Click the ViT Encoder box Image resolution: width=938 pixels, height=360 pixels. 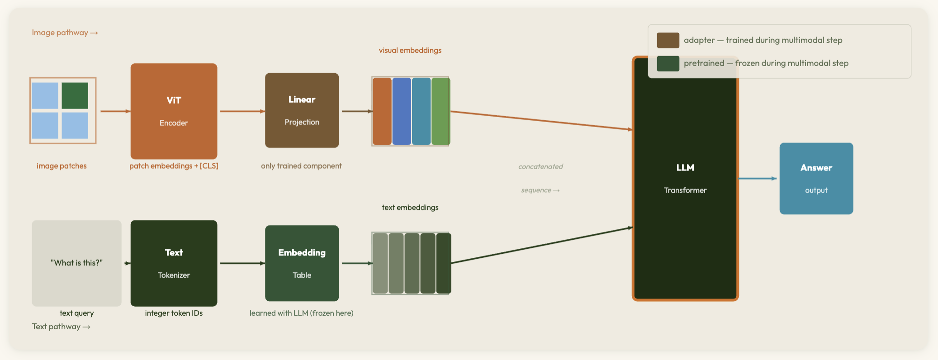tap(174, 111)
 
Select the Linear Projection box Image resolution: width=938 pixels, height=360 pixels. tap(302, 110)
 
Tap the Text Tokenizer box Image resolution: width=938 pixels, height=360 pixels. tap(174, 263)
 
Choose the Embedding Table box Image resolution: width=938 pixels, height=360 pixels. tap(302, 263)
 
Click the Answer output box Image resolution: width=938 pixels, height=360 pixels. tap(816, 179)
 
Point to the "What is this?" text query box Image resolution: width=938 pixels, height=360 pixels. tap(76, 263)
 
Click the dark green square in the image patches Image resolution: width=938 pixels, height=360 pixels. tap(75, 95)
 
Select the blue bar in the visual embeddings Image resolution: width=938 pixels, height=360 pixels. tap(402, 111)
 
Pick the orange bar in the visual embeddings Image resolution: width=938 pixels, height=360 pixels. tap(382, 111)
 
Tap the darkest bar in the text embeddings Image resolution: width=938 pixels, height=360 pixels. tap(444, 263)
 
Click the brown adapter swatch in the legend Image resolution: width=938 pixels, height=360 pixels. tap(668, 40)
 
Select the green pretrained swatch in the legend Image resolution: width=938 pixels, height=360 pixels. tap(668, 63)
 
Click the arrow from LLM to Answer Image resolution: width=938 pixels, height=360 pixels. tap(758, 179)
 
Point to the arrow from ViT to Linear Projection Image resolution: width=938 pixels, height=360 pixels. tap(242, 111)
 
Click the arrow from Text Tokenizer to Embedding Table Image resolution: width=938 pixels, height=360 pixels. tap(242, 263)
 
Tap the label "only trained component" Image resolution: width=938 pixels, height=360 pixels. tap(301, 166)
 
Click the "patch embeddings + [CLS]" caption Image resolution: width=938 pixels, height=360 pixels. tap(174, 166)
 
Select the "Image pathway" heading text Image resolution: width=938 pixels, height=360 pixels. tap(60, 33)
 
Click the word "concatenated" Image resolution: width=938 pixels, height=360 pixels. tap(540, 166)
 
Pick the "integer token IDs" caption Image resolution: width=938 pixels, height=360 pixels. tap(174, 313)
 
